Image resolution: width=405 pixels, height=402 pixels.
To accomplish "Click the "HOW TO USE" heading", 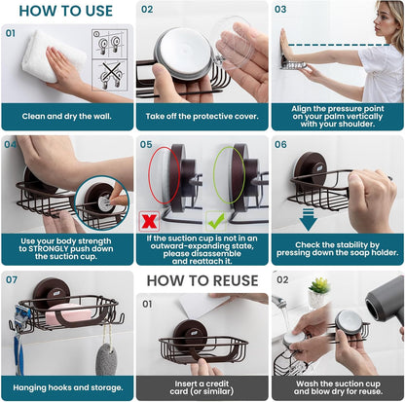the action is point(66,11).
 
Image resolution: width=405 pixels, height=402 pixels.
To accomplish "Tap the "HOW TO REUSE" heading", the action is point(202,280).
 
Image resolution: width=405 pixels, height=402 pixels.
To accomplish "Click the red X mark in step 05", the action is point(149,221).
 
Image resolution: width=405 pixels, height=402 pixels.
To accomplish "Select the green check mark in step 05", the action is point(216,221).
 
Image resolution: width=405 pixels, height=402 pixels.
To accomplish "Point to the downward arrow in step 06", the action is point(309,219).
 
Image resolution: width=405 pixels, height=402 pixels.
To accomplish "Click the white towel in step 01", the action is point(52,55).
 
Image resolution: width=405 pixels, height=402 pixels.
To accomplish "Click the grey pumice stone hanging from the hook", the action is point(106,359).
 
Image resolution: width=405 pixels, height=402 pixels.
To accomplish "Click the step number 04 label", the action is point(11,144).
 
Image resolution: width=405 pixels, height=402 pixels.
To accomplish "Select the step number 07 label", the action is point(12,279).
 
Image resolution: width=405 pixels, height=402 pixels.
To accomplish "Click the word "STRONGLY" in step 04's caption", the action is point(49,249).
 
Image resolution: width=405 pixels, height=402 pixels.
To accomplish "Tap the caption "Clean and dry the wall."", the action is point(66,117).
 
